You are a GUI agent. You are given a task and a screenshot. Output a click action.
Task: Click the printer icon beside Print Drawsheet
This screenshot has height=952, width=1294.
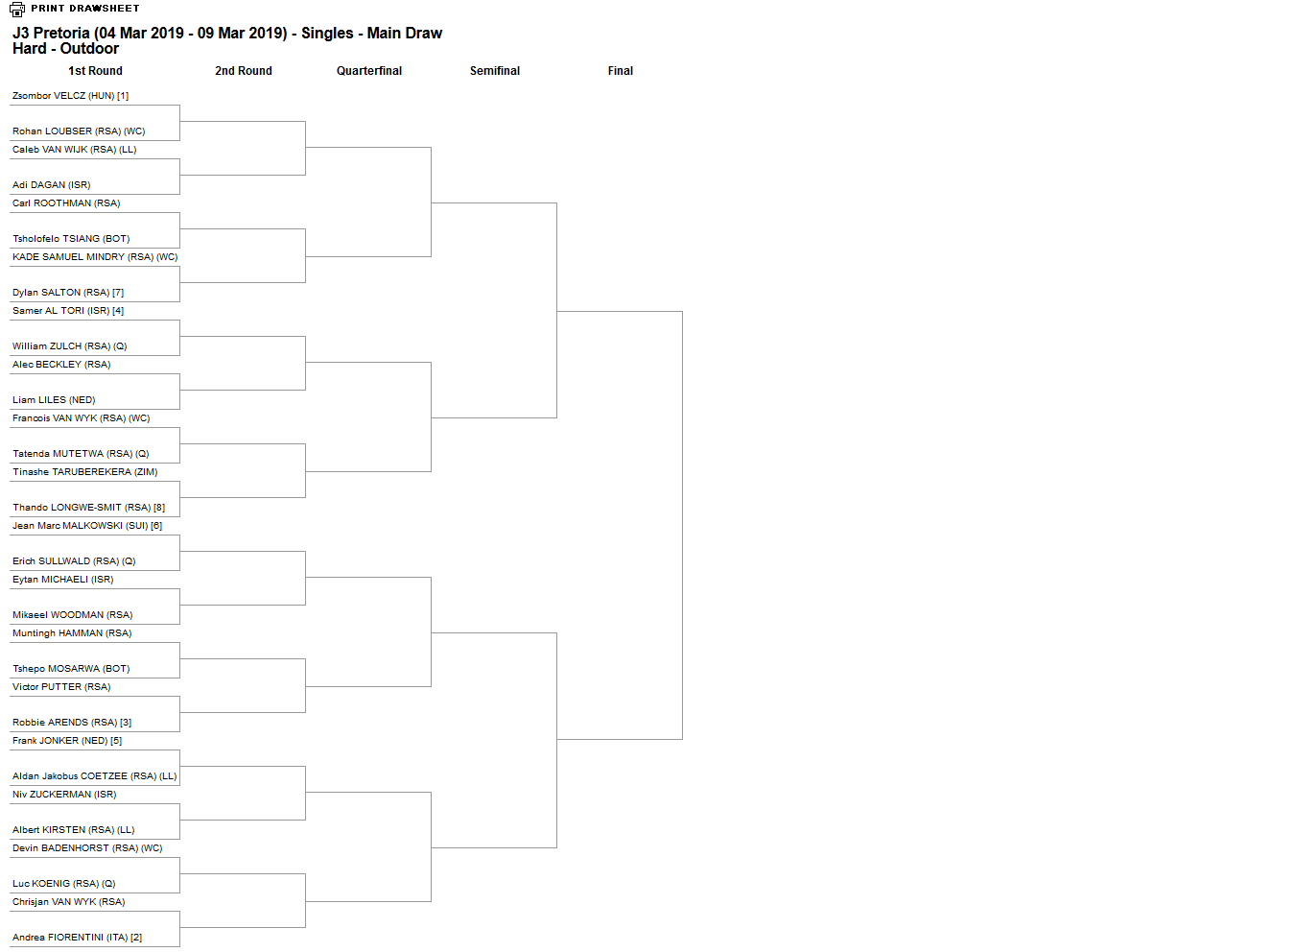17,9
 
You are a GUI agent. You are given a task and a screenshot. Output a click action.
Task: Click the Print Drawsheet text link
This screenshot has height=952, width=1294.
85,8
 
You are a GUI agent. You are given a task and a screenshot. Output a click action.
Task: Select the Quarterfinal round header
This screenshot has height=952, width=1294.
369,70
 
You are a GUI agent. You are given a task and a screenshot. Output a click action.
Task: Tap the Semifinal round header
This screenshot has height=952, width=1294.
495,70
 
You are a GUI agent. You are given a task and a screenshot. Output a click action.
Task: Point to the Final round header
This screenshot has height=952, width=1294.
620,70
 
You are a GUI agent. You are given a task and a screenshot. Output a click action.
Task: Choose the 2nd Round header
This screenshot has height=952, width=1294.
244,70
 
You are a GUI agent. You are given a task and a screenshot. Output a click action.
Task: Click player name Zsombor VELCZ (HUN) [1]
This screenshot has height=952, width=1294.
70,95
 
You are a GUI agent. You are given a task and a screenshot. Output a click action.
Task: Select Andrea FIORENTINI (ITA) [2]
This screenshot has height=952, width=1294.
77,937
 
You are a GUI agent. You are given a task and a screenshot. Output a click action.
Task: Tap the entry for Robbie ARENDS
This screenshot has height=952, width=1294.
72,722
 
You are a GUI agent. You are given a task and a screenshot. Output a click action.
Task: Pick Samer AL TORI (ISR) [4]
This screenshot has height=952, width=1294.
68,310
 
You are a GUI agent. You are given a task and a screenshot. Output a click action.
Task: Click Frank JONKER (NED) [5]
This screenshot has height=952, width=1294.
67,741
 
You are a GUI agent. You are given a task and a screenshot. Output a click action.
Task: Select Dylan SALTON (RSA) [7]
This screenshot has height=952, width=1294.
68,292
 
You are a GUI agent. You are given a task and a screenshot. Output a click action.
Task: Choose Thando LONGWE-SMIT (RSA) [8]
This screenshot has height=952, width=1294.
88,507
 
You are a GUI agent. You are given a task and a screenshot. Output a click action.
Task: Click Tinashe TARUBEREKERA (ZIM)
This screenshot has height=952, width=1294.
85,471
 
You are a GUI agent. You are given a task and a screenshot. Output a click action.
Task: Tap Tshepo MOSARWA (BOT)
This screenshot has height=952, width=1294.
71,668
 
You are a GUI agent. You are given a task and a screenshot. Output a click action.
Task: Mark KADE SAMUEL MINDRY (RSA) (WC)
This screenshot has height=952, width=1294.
95,256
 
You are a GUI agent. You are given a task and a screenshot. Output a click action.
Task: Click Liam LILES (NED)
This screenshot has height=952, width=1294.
54,399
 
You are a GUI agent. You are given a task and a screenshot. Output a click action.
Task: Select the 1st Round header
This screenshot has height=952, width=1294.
95,70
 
